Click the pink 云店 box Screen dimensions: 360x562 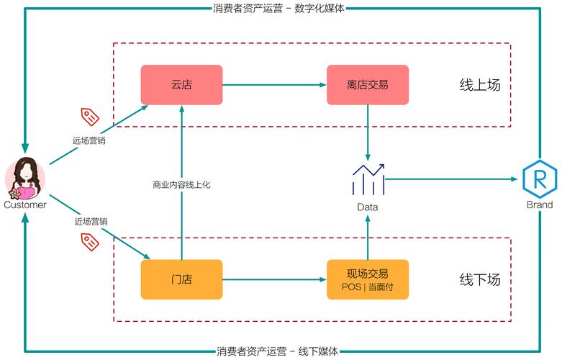click(x=181, y=85)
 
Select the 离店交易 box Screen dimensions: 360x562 click(x=367, y=85)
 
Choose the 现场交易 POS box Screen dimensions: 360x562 click(x=367, y=279)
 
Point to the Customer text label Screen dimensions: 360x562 click(x=25, y=204)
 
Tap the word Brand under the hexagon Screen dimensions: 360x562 click(x=539, y=204)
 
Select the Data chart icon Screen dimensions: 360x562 click(x=368, y=180)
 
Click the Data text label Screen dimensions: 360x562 click(x=368, y=207)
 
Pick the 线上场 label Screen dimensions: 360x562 click(x=480, y=85)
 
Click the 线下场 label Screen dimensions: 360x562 click(x=480, y=279)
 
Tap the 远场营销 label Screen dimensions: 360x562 click(x=89, y=140)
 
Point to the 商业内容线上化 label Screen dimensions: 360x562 click(x=181, y=185)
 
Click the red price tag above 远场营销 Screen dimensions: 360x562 click(x=90, y=117)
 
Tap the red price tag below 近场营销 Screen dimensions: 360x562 click(x=89, y=243)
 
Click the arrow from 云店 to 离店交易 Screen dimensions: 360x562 click(x=274, y=85)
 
